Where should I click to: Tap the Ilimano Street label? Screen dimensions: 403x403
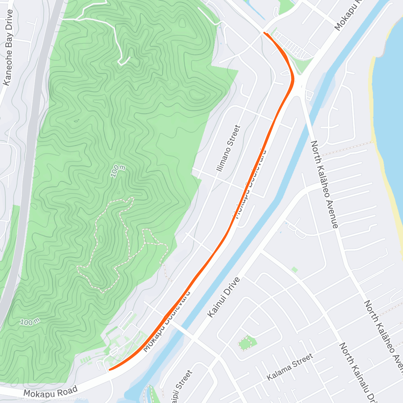click(x=229, y=148)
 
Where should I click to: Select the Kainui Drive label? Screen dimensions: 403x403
click(x=224, y=297)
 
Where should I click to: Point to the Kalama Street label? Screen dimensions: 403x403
click(x=290, y=367)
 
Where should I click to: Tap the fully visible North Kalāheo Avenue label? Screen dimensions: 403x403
click(x=324, y=184)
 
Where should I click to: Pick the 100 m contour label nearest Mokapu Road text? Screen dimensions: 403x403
click(x=30, y=322)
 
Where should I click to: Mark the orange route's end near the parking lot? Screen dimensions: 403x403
click(x=265, y=33)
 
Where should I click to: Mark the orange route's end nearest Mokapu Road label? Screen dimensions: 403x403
click(x=110, y=370)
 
